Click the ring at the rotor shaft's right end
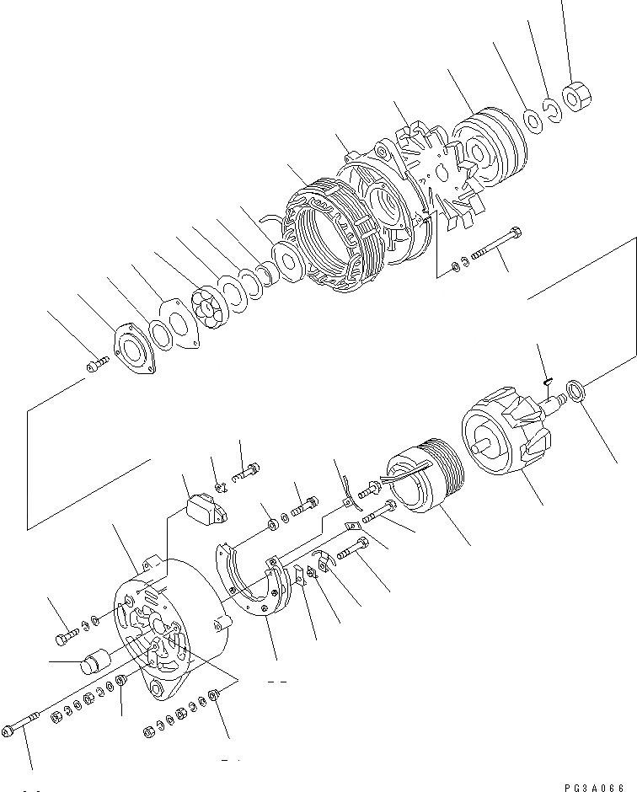[576, 390]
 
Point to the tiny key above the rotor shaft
[546, 380]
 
